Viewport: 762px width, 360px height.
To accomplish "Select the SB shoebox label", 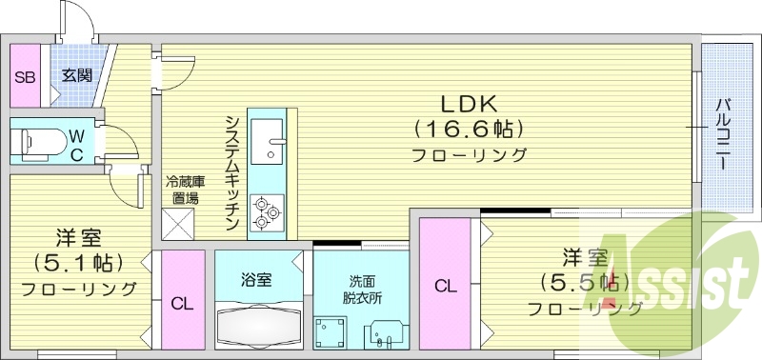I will [x=25, y=76].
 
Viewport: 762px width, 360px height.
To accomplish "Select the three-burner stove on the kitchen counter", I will [x=266, y=212].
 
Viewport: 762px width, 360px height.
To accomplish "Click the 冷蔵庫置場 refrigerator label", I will [x=185, y=190].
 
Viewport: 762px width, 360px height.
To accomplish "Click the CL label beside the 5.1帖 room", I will [x=181, y=303].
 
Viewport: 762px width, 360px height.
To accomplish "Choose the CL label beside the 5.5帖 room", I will [x=445, y=284].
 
